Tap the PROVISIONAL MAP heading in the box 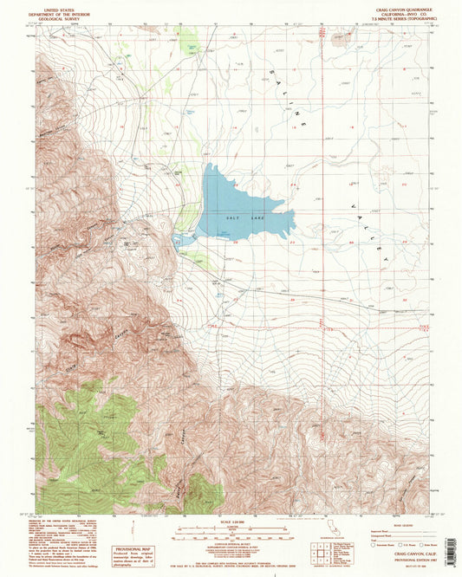click(x=131, y=548)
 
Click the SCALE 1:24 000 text click(x=230, y=520)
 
